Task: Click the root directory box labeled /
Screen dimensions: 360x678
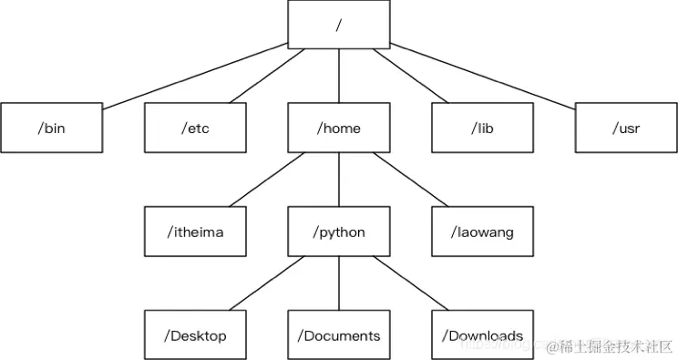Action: point(339,24)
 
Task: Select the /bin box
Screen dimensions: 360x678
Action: point(51,128)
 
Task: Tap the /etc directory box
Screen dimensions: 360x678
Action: point(194,128)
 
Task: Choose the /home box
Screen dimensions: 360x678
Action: point(339,128)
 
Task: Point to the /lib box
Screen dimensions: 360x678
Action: point(482,128)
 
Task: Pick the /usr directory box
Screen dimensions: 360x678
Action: point(626,128)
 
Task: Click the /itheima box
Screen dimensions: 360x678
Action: point(194,231)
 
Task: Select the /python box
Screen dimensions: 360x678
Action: point(339,231)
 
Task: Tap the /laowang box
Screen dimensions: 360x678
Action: point(482,231)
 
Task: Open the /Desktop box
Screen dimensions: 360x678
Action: point(194,335)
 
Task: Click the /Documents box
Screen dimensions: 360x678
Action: point(339,335)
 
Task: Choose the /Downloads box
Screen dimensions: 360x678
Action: point(482,335)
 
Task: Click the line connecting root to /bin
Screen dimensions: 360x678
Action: point(196,75)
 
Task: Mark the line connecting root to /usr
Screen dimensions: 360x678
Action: point(483,75)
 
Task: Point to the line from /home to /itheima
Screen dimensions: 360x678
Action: point(266,180)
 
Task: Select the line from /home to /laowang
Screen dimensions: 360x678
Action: point(411,180)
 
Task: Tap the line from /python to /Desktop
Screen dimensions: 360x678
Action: point(266,283)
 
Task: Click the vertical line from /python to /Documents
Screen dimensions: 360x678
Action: point(339,283)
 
